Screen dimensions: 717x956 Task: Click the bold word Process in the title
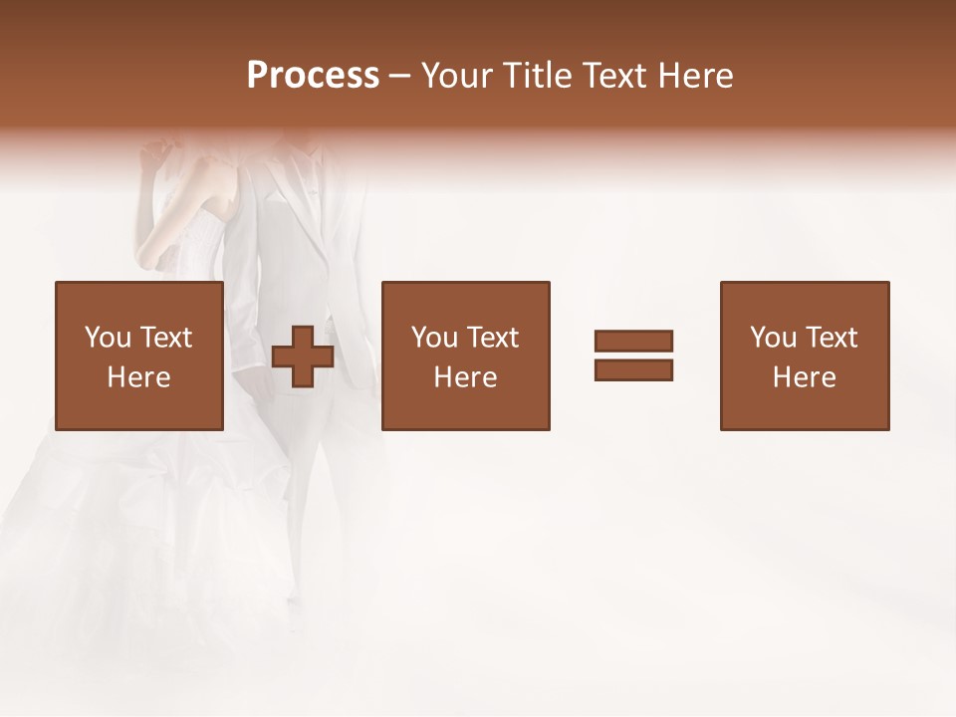(x=313, y=76)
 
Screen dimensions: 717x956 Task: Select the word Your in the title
(x=458, y=76)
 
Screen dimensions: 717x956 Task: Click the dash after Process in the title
(x=399, y=77)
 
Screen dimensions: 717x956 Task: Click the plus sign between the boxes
(x=303, y=357)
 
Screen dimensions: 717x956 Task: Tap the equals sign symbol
(x=633, y=356)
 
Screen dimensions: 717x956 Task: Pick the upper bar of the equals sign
(x=633, y=341)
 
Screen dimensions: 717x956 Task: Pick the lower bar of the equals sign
(x=633, y=370)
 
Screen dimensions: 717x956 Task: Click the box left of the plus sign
(x=138, y=356)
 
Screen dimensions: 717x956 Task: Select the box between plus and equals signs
(x=465, y=356)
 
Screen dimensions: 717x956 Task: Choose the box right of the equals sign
(x=804, y=356)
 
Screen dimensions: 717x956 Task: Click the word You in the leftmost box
(x=107, y=338)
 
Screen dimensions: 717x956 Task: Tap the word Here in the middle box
(x=465, y=377)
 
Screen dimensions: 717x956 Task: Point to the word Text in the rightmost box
(x=832, y=338)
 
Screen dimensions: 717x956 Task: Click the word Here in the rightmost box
(x=804, y=377)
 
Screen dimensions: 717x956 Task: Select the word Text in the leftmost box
(x=166, y=338)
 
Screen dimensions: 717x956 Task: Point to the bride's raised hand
(x=155, y=154)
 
